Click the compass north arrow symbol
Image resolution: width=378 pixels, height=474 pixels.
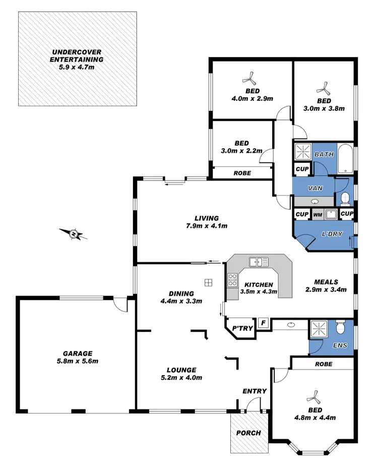tap(74, 233)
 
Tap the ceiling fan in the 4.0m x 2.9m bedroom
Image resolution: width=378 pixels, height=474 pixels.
tap(249, 78)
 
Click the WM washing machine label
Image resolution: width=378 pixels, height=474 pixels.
tap(318, 215)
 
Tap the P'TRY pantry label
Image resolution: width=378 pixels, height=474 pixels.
tap(241, 329)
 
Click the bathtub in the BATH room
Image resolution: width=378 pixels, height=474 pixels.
tap(346, 157)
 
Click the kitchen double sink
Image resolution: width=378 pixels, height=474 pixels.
tap(259, 262)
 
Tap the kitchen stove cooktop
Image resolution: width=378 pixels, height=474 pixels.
tap(232, 280)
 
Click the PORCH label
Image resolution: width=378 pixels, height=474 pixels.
tap(248, 433)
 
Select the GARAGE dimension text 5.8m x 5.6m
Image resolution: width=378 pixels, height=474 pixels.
tap(77, 361)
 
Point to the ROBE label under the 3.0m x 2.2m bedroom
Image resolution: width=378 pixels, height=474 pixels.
tap(242, 173)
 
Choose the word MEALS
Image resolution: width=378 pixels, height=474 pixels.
tap(325, 282)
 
